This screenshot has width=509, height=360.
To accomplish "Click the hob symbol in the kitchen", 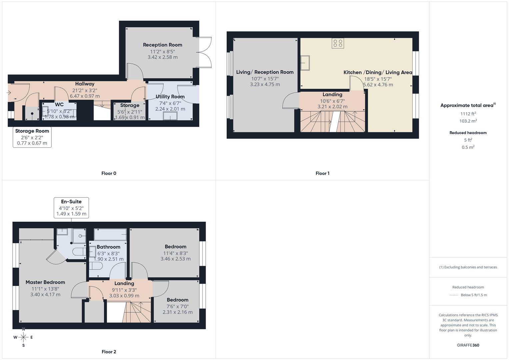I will (x=338, y=43).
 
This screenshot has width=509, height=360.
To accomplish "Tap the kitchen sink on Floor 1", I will (x=305, y=63).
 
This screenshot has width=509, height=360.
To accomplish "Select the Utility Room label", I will (x=170, y=97).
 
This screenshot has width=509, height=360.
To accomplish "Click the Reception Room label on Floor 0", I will (x=162, y=45).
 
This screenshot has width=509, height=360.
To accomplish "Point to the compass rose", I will (x=23, y=337).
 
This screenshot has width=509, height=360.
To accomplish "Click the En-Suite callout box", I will (x=71, y=208).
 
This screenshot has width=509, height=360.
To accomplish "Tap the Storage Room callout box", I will (x=32, y=137).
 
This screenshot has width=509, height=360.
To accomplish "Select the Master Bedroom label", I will (x=45, y=282).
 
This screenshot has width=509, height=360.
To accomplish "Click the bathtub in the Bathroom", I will (x=110, y=234).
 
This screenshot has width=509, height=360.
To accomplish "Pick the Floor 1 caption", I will (x=322, y=173).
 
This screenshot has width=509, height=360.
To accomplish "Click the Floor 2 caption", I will (x=109, y=352).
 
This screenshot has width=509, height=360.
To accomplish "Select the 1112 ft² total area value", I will (x=468, y=114).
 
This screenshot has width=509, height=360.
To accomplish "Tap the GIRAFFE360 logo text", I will (x=468, y=345).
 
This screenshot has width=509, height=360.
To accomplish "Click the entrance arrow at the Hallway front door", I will (x=9, y=93).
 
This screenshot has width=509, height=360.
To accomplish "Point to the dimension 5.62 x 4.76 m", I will (x=378, y=85).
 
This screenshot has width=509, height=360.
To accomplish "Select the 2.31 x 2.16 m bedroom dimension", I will (x=177, y=312).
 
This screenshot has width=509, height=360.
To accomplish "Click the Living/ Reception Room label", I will (x=265, y=72).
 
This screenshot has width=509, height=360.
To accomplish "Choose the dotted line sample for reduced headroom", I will (x=454, y=295).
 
